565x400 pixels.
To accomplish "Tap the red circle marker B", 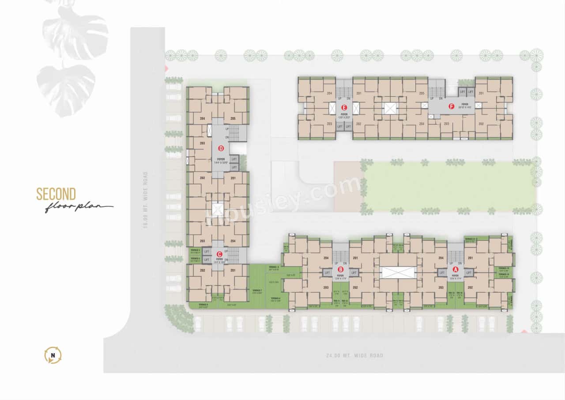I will point(340,269).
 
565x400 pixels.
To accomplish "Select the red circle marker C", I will point(219,254).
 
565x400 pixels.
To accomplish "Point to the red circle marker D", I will point(221,149).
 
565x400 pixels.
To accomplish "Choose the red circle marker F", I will point(451,107).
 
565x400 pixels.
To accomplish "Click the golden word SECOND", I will point(56,194).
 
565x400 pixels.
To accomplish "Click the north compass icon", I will point(53,355).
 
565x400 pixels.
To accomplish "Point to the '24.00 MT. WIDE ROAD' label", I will point(354,355).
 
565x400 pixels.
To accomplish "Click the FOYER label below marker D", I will point(221,159).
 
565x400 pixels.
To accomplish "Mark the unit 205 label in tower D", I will point(233,118).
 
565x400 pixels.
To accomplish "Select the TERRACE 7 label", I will point(257,290).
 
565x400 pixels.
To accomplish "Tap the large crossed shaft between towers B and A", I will point(398,272).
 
